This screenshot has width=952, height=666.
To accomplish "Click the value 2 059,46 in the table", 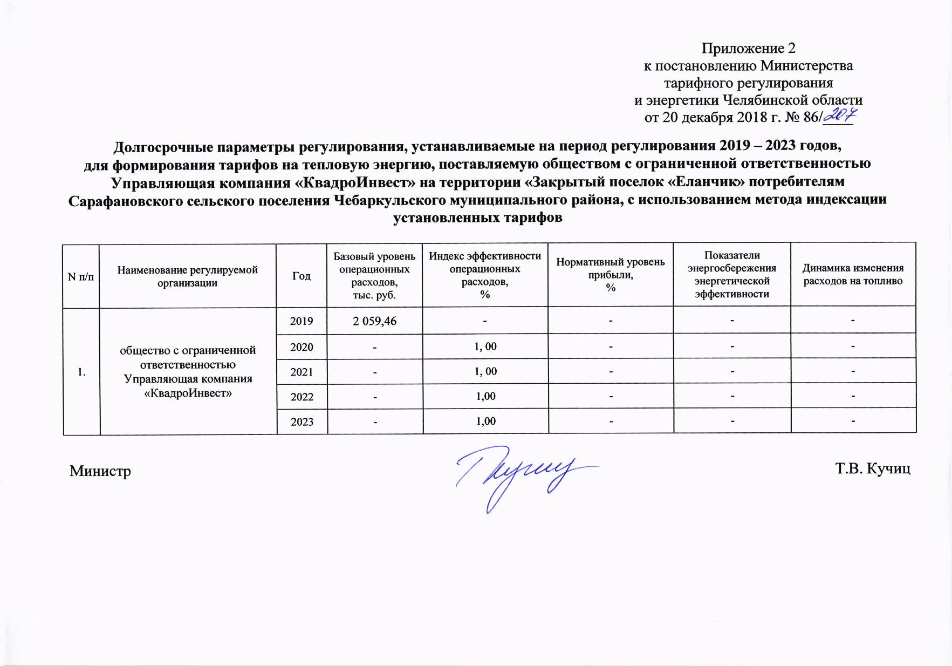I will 374,321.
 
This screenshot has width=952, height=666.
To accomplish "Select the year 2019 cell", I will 302,321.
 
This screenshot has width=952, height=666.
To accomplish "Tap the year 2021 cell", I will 302,371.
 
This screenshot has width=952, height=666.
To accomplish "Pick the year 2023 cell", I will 302,422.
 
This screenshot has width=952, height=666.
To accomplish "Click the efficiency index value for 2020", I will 485,346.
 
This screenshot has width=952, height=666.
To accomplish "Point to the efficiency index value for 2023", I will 485,421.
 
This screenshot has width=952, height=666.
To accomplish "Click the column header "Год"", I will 302,276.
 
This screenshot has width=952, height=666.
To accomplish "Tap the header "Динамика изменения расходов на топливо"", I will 853,275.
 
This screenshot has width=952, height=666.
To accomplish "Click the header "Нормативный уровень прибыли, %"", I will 611,275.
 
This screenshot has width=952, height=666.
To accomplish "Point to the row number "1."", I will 81,372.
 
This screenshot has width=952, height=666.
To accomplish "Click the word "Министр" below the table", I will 100,471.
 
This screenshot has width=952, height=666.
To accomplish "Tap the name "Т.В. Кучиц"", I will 873,468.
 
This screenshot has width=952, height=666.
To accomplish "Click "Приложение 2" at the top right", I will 748,49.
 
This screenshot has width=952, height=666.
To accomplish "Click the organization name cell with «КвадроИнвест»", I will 188,371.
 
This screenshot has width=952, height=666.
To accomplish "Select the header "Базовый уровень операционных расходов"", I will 374,275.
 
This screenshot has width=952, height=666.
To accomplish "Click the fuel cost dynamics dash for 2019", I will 853,321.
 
